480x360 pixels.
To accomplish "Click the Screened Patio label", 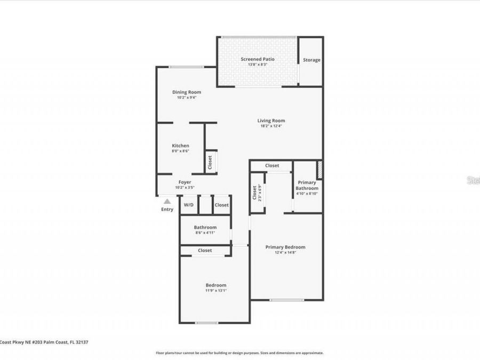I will [258, 59].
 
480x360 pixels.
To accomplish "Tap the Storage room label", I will [311, 60].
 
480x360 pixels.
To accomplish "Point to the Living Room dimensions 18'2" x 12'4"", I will [271, 126].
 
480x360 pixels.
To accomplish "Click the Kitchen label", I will [180, 146].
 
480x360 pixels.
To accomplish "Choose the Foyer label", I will [185, 182].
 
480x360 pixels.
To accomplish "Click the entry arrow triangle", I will [167, 202].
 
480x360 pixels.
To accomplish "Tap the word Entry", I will [167, 210].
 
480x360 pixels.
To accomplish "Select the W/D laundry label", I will [188, 205].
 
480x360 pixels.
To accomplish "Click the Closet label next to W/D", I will [221, 205].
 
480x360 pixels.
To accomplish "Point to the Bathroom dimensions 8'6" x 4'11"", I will [204, 233].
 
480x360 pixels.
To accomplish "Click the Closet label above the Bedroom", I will [205, 250].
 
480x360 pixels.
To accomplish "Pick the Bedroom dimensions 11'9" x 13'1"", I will [216, 291].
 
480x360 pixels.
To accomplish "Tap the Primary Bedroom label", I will [285, 247].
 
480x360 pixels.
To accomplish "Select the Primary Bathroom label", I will [307, 185].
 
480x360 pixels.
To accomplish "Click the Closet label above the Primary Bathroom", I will [272, 166].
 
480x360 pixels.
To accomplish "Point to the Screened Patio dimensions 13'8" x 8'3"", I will [258, 65].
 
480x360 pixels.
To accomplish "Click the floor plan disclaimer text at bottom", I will [239, 353].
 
